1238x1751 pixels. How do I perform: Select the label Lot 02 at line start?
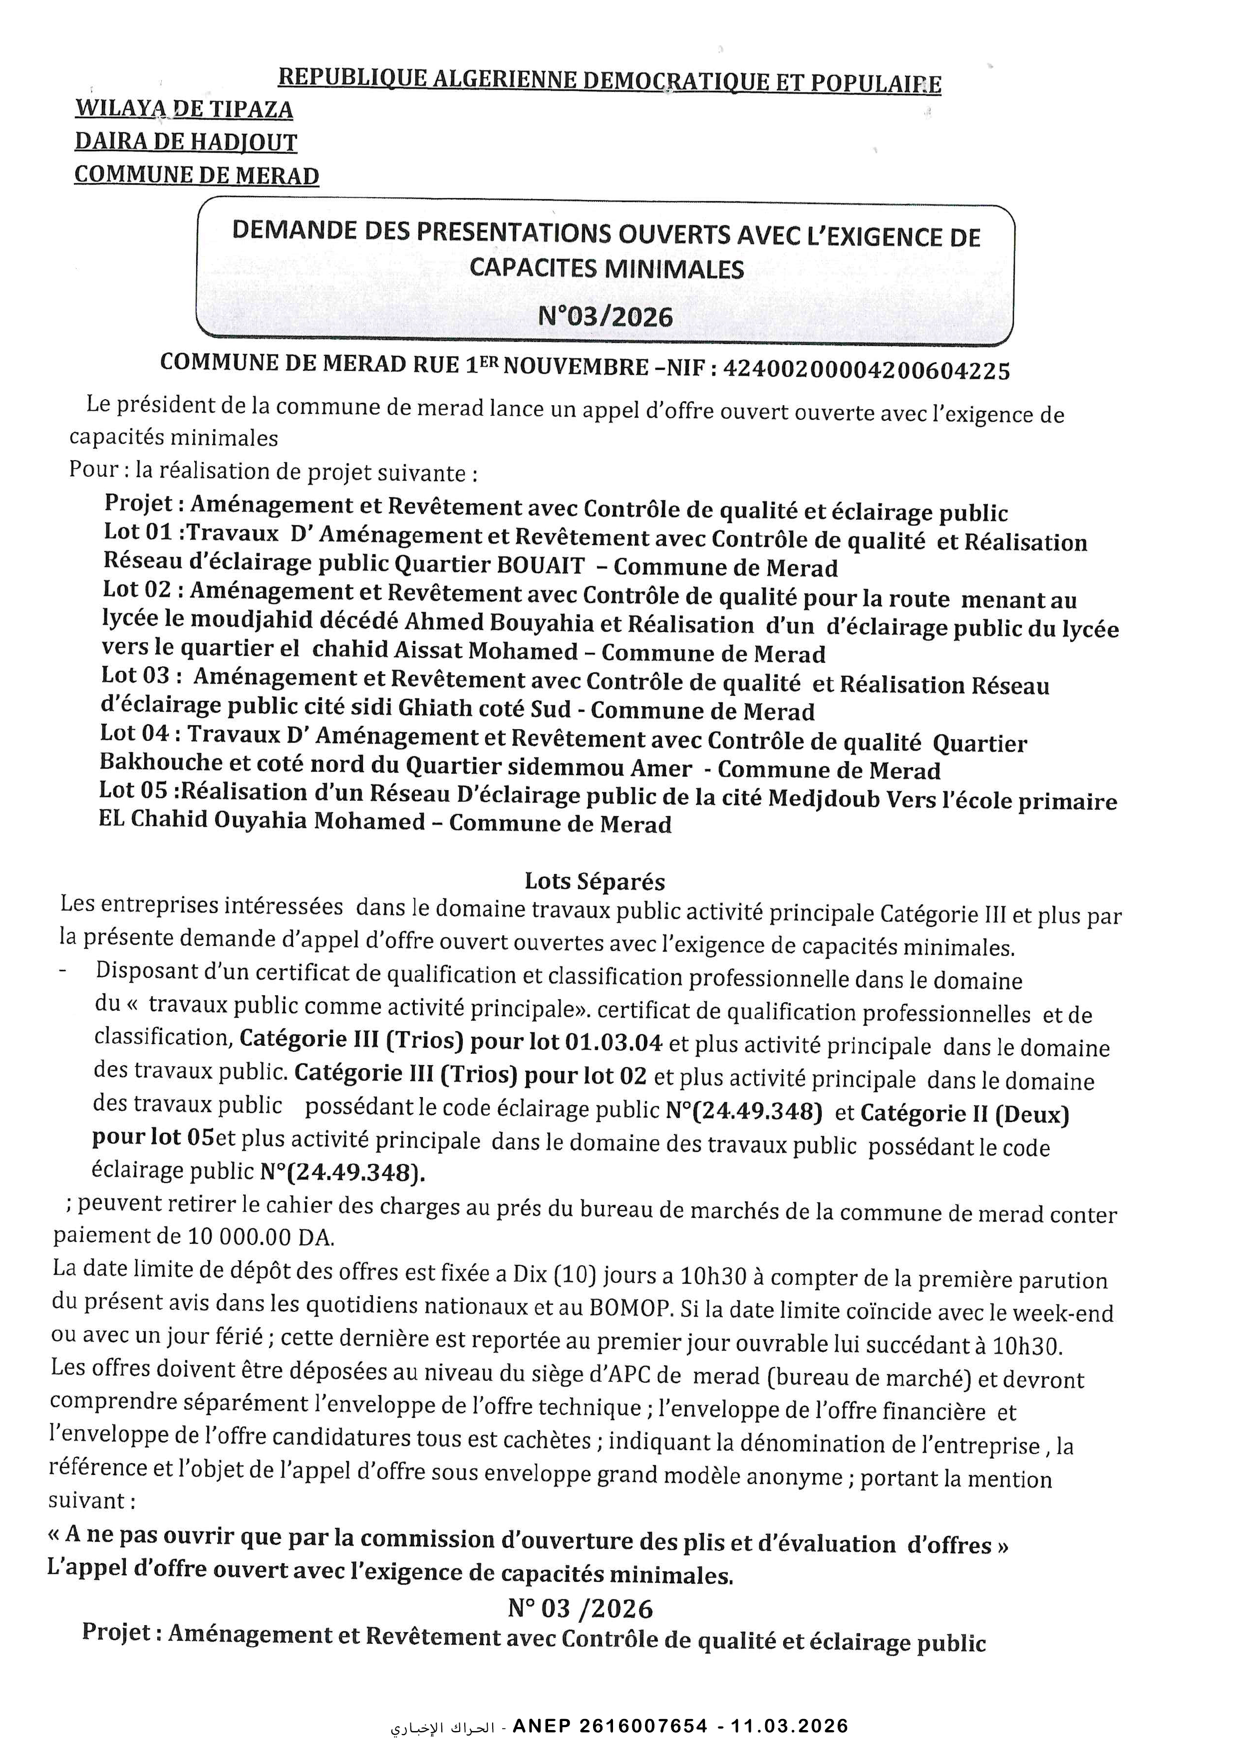coord(137,589)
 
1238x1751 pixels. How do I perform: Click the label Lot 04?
coord(135,733)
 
